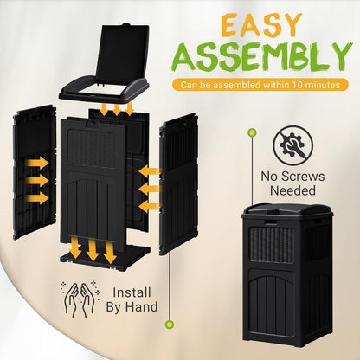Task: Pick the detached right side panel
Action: click(x=178, y=187)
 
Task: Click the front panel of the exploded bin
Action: click(x=94, y=182)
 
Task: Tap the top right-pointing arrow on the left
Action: click(x=37, y=162)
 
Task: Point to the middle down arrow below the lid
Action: click(x=116, y=108)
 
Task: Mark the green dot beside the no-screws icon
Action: click(x=252, y=132)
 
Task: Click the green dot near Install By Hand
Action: click(x=169, y=325)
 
